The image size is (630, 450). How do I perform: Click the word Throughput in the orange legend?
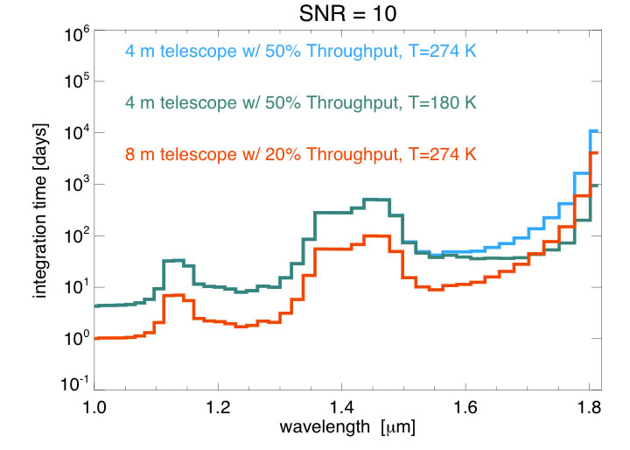[x=353, y=155]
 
